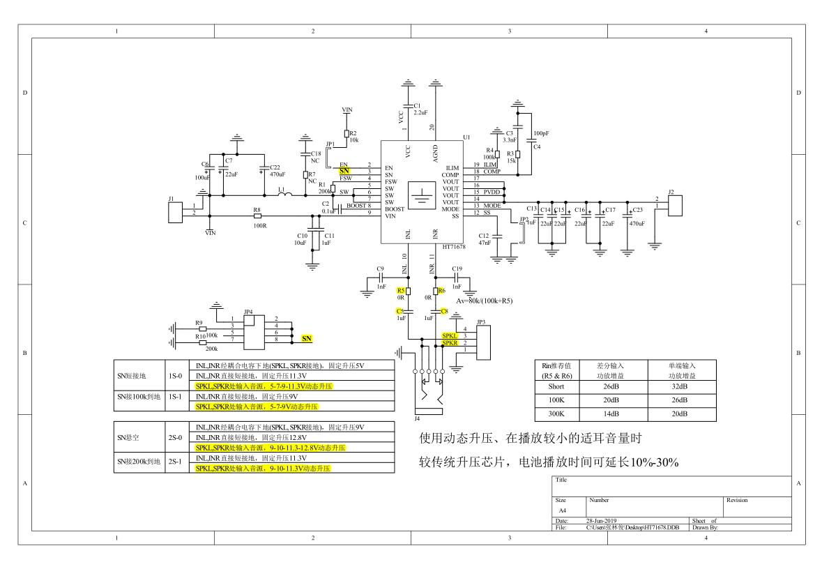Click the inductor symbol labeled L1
click(x=284, y=195)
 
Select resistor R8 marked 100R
click(x=257, y=216)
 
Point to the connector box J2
click(x=675, y=204)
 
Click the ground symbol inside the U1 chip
click(x=421, y=195)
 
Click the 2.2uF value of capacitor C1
click(x=420, y=112)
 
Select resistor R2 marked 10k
click(x=347, y=135)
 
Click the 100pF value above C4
click(x=541, y=132)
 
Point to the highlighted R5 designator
click(x=400, y=290)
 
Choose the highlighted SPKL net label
click(x=450, y=336)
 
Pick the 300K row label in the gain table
click(x=556, y=413)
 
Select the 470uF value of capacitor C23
click(x=637, y=224)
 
